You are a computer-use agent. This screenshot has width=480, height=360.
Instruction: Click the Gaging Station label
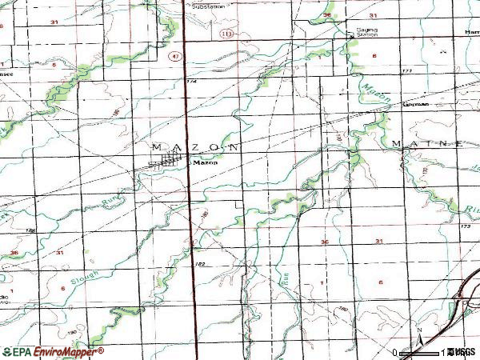[366, 33]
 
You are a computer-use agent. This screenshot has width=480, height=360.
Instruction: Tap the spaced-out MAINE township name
[428, 143]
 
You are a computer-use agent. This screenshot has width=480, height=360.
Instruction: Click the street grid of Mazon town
[169, 162]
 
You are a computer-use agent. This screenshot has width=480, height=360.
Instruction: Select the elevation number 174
[191, 81]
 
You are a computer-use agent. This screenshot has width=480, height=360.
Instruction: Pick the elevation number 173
[466, 227]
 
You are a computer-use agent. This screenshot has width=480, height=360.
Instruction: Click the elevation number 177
[408, 70]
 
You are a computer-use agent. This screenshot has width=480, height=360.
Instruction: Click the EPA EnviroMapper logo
[53, 351]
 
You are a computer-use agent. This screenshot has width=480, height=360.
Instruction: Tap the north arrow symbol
[418, 335]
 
